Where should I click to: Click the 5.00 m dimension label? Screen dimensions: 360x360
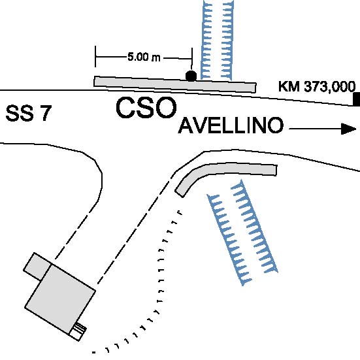[x=144, y=57]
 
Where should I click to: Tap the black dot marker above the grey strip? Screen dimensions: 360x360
[x=191, y=76]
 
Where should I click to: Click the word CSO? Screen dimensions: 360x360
[x=146, y=107]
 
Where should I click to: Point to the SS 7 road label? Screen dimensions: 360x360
[x=29, y=113]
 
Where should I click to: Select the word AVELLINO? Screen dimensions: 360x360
[x=231, y=125]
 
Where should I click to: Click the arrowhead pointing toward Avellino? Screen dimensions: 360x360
[x=348, y=129]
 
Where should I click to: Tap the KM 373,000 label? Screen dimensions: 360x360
[x=317, y=86]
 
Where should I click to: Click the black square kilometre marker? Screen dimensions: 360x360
[x=357, y=99]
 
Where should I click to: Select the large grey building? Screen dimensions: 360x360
[x=60, y=299]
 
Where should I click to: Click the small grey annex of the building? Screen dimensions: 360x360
[x=37, y=267]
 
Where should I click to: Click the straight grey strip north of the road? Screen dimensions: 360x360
[x=175, y=85]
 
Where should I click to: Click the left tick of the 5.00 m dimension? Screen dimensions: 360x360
[x=95, y=56]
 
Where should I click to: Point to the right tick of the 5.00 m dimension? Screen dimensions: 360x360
[x=192, y=58]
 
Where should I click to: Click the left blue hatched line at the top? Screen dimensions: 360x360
[x=206, y=39]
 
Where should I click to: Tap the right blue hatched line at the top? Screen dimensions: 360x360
[x=227, y=40]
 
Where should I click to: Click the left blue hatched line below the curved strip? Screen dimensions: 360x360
[x=229, y=240]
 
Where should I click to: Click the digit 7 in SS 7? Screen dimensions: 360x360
[x=46, y=113]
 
